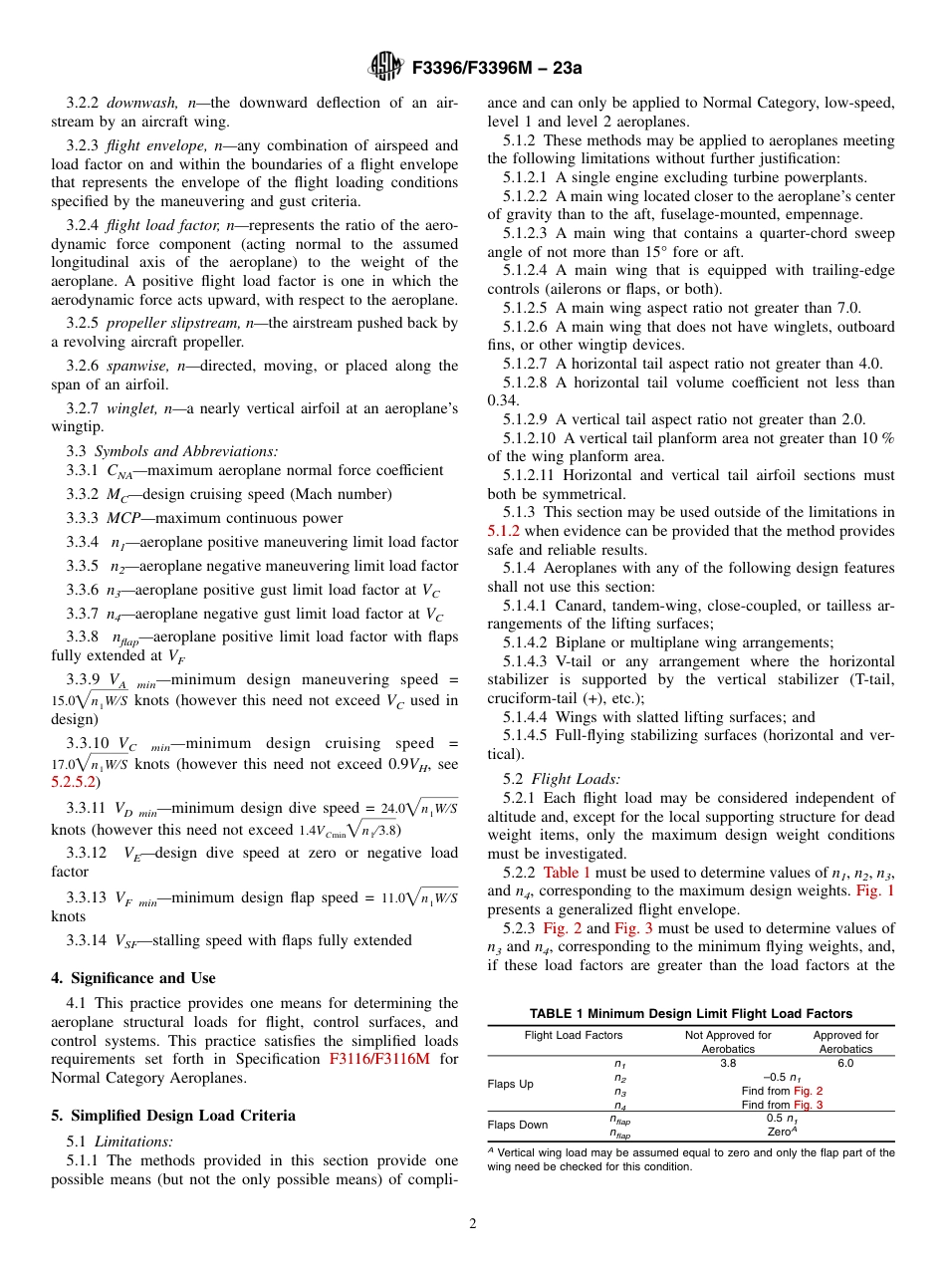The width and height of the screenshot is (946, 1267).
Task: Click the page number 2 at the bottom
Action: [x=473, y=1224]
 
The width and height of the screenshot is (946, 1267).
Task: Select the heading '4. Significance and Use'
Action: [x=132, y=978]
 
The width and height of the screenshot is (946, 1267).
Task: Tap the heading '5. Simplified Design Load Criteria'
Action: [x=173, y=1088]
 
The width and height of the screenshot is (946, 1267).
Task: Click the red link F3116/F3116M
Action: [x=379, y=1059]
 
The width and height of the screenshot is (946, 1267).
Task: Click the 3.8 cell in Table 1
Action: [x=728, y=1063]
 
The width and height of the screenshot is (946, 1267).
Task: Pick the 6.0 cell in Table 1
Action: [x=844, y=1063]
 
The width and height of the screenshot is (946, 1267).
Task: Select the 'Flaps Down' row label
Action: [x=518, y=1126]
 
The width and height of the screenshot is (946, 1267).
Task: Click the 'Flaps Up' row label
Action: [x=510, y=1084]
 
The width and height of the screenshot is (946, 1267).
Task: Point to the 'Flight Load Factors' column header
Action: [x=573, y=1036]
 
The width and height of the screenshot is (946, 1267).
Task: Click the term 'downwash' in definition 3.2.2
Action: [x=143, y=103]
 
